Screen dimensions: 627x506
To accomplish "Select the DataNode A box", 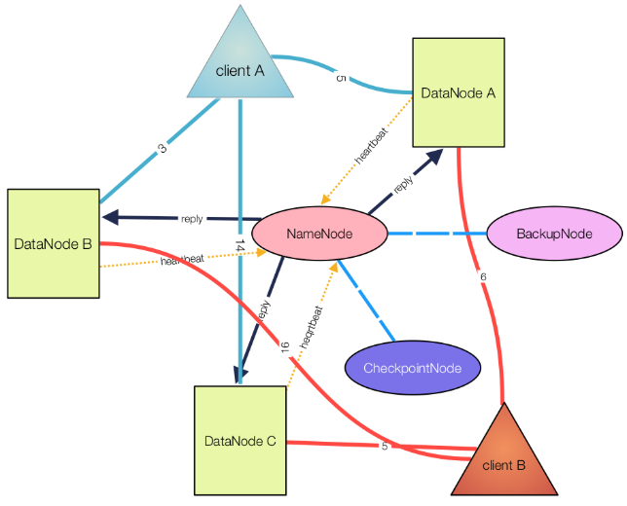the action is [459, 92].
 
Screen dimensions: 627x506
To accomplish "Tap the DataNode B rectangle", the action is [54, 243].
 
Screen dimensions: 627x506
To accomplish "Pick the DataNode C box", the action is [240, 441].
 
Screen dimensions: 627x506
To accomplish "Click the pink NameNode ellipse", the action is [319, 234].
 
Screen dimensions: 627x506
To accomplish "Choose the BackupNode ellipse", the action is [554, 234].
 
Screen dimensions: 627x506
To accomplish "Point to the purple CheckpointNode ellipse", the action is [413, 368].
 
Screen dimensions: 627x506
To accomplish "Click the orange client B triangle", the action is [504, 459].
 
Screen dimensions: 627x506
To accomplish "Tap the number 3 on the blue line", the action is [162, 149].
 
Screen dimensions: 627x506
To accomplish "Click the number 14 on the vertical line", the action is [240, 245].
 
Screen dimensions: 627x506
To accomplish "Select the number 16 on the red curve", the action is [284, 347].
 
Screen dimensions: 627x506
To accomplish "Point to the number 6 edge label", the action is [483, 276].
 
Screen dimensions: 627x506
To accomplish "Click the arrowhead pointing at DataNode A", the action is [434, 157].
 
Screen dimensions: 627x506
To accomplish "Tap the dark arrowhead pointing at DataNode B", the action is [111, 217].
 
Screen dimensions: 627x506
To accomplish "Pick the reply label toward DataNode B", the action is [192, 219].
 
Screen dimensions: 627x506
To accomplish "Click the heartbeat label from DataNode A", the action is [371, 146].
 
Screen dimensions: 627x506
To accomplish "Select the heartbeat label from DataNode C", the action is [312, 327].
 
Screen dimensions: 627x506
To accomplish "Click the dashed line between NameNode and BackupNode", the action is [437, 233].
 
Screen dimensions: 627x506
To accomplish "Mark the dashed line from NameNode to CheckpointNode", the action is [366, 301].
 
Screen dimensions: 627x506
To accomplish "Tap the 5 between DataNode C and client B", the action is [385, 446].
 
